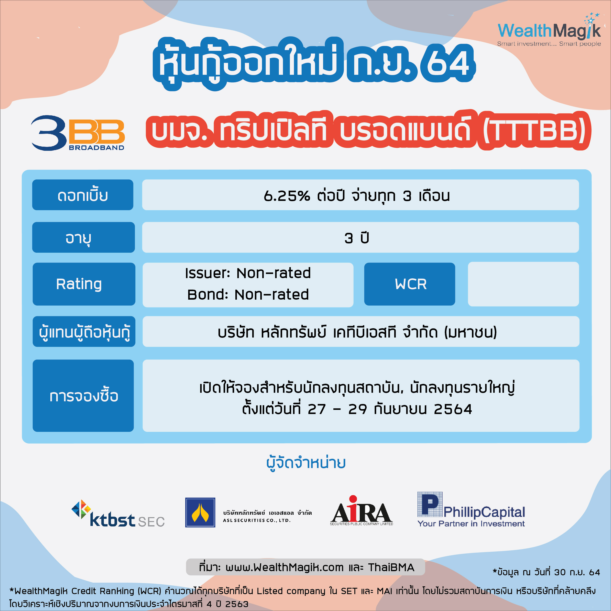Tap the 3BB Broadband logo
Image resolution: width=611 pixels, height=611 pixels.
[78, 133]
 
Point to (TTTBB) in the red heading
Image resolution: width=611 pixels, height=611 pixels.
[535, 131]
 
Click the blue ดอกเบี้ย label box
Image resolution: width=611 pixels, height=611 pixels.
[83, 195]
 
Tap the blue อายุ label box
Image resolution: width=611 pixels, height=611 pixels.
[84, 237]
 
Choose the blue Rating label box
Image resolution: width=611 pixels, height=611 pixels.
[84, 284]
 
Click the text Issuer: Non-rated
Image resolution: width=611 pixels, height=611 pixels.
[248, 273]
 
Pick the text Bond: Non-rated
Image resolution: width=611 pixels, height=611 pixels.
[248, 295]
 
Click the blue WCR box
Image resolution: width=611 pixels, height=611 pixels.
[410, 284]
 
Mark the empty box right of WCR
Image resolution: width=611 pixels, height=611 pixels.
[524, 284]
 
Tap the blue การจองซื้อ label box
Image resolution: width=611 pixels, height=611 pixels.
[83, 396]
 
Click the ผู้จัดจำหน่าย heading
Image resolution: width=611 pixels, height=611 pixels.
[306, 463]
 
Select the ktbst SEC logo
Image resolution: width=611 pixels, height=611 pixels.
[118, 513]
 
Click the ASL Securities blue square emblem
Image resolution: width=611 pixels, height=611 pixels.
[200, 512]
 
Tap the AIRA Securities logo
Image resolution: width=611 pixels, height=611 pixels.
[361, 511]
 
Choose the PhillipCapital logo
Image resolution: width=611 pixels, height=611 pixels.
[471, 510]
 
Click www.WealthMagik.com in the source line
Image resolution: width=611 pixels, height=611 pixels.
[284, 567]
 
